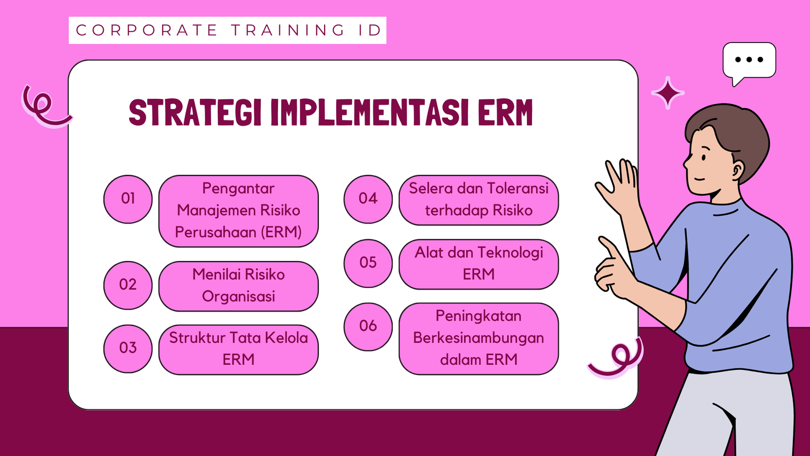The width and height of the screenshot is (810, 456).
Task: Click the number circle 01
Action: pyautogui.click(x=128, y=200)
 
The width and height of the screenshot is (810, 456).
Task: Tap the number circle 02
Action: pyautogui.click(x=128, y=285)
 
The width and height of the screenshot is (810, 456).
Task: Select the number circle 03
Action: pyautogui.click(x=128, y=349)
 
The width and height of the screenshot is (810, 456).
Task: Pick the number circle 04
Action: pyautogui.click(x=368, y=200)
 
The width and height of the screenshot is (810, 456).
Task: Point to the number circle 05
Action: pyautogui.click(x=368, y=263)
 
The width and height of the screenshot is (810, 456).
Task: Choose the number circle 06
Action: pyautogui.click(x=368, y=327)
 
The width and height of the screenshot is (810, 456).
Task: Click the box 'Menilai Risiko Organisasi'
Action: pyautogui.click(x=238, y=286)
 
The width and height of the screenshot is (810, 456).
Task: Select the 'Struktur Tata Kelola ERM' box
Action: pyautogui.click(x=238, y=350)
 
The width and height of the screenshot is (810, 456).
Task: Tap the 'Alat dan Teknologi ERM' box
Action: pyautogui.click(x=479, y=264)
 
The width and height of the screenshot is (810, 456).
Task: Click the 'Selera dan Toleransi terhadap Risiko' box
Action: pyautogui.click(x=479, y=200)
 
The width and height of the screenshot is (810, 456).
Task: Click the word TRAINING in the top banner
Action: pyautogui.click(x=288, y=30)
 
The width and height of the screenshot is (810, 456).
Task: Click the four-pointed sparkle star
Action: pyautogui.click(x=668, y=93)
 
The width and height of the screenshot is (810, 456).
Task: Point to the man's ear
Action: pyautogui.click(x=738, y=169)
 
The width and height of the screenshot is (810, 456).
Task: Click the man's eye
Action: pyautogui.click(x=704, y=158)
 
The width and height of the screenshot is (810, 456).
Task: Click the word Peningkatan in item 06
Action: pyautogui.click(x=478, y=316)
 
